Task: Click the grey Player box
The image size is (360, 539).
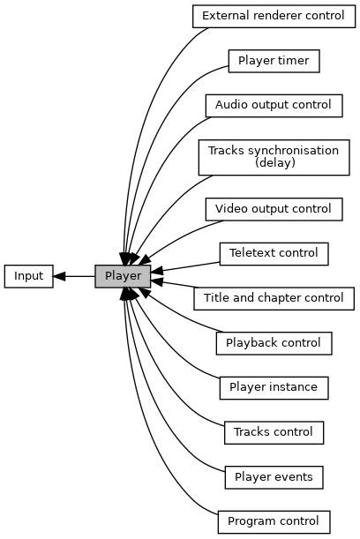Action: pos(123,276)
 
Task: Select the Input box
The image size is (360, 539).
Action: pos(29,276)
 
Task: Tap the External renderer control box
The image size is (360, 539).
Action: pos(274,16)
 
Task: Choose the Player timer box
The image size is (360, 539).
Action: pos(274,61)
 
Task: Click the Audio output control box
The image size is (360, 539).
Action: pos(274,106)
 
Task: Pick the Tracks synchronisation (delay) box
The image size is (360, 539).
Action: pos(274,157)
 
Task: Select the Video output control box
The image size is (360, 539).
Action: pos(274,209)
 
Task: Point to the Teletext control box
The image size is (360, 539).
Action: pos(274,254)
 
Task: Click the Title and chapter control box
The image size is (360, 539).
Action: pos(274,298)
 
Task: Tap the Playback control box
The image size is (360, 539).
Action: pos(274,343)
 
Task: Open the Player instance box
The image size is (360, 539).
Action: pos(274,388)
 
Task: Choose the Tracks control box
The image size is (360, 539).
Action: pos(274,432)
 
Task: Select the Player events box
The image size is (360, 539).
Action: pos(274,477)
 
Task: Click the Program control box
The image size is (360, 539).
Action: pos(274,522)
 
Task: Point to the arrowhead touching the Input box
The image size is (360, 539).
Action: pos(59,276)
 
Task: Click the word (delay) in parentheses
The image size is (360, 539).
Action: pos(275,162)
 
